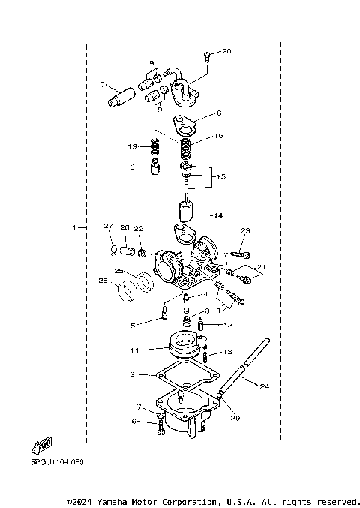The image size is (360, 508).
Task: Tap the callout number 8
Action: pos(220,113)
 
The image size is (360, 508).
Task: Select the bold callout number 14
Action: pos(218,216)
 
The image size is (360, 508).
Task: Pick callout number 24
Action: pos(265,387)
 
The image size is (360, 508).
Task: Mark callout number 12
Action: pos(228,325)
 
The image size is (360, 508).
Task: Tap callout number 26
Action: pos(103,282)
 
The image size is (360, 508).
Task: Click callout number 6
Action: pos(135,422)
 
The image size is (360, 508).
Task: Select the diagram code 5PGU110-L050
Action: pos(46,462)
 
